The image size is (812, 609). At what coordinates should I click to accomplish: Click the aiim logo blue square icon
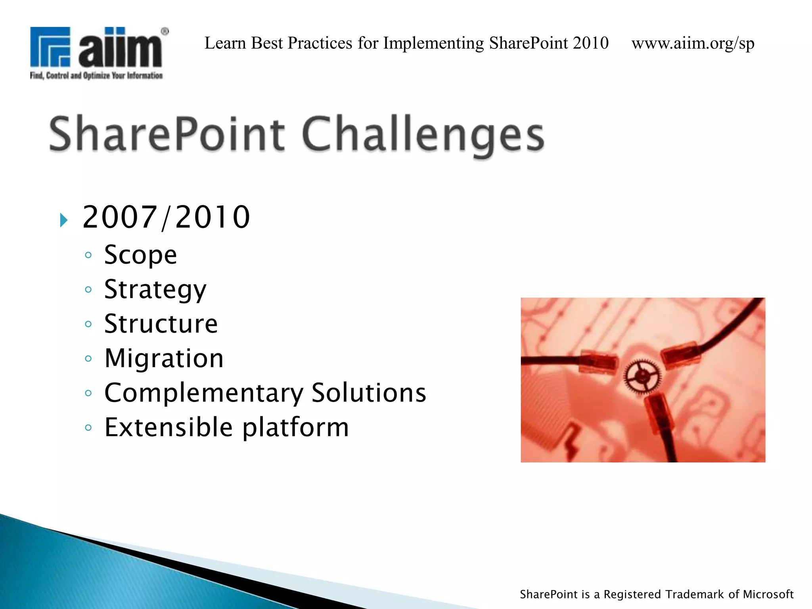50,47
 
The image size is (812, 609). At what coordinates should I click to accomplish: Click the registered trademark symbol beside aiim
165,31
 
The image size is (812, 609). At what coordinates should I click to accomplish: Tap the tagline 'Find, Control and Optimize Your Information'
96,75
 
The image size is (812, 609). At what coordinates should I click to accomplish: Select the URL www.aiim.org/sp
693,43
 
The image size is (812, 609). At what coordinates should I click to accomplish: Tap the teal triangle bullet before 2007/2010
63,220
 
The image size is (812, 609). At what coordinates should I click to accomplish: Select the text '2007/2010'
166,217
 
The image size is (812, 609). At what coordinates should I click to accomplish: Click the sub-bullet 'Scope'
140,255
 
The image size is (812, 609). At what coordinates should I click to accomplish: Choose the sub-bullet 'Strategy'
155,290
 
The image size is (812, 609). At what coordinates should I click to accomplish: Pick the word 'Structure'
161,324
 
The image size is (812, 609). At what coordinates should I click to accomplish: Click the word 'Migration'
164,358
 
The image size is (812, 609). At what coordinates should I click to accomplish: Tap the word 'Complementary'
204,393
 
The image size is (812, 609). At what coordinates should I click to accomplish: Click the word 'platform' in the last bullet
295,428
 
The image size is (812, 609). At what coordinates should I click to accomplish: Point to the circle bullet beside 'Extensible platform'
88,428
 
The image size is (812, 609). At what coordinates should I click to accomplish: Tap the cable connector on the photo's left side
598,361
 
